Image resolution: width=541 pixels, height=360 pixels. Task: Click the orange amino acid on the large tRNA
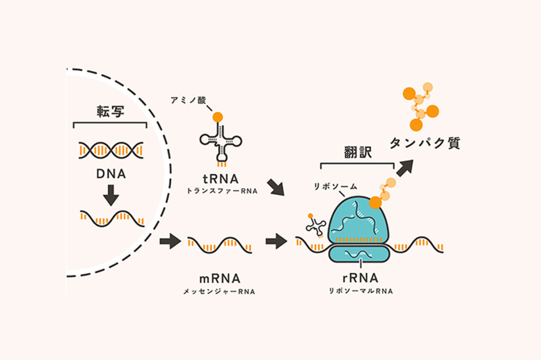tap(218, 117)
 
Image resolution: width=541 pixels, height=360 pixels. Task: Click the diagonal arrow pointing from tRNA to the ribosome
tap(275, 187)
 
